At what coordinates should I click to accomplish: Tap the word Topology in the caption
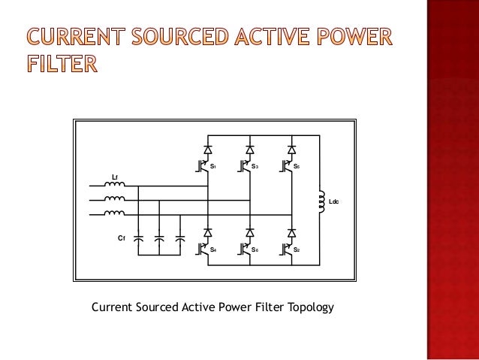click(x=307, y=307)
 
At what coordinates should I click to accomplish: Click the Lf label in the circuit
click(x=114, y=176)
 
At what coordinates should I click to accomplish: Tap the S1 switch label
click(x=214, y=166)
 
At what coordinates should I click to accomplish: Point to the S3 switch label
click(x=255, y=166)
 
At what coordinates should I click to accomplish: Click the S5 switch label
click(x=297, y=166)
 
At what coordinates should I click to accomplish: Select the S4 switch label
click(x=214, y=249)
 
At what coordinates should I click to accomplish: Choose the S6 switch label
click(x=255, y=249)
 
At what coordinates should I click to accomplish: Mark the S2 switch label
click(x=297, y=249)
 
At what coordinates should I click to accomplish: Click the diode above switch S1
click(x=208, y=148)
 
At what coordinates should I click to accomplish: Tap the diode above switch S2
click(x=291, y=231)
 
